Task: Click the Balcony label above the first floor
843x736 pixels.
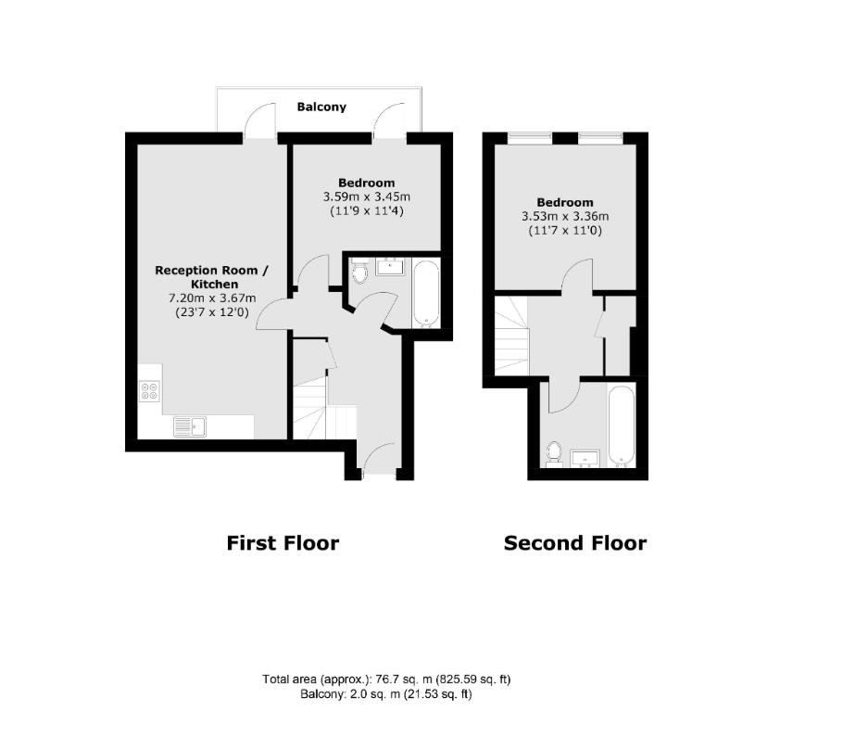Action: click(321, 107)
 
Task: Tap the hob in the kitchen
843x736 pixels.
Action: click(149, 390)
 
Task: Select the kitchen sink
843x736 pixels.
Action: click(190, 426)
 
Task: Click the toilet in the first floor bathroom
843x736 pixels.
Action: click(359, 272)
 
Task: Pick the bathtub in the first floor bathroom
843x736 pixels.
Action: click(426, 293)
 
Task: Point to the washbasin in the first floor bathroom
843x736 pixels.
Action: click(390, 266)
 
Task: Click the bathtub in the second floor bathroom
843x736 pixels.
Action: click(622, 425)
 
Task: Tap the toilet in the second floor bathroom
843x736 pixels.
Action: click(553, 453)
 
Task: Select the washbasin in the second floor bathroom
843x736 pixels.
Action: click(585, 459)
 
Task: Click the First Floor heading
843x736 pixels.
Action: click(283, 543)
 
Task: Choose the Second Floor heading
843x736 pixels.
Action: click(574, 543)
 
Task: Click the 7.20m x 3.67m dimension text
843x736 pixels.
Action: click(212, 298)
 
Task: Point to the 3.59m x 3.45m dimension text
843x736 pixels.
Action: click(367, 197)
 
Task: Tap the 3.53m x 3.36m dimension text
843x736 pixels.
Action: click(565, 216)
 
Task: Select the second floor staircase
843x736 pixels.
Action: click(511, 336)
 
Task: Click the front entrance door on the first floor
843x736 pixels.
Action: click(379, 460)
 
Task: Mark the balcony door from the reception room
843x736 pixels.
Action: click(259, 121)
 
